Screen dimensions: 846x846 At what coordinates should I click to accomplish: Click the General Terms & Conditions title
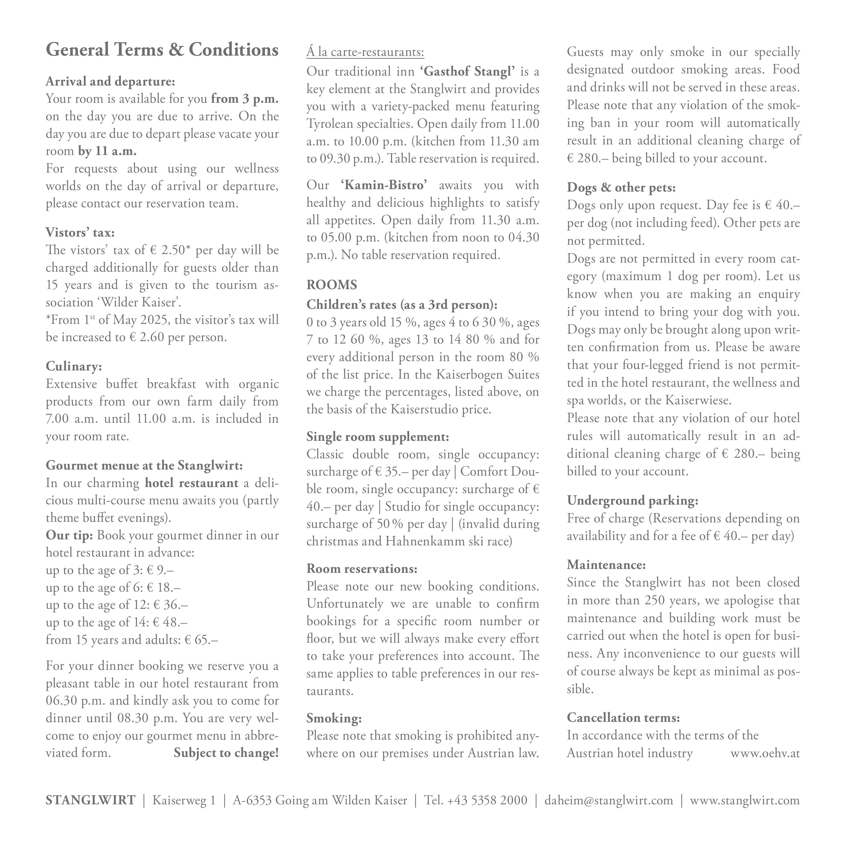click(x=162, y=50)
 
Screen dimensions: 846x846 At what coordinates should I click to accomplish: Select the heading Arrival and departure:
click(x=110, y=82)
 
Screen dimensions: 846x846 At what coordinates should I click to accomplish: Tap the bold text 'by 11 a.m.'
click(x=107, y=151)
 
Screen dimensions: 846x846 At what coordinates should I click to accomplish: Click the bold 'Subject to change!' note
click(x=226, y=753)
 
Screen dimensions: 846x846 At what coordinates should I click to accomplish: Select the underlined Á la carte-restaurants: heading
click(x=365, y=52)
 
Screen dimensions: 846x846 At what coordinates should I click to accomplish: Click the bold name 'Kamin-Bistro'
click(x=384, y=185)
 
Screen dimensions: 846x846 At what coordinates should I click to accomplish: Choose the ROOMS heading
click(x=331, y=285)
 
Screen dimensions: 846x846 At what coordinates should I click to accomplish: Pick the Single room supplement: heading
click(x=377, y=437)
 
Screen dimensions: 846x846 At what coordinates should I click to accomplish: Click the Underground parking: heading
click(x=632, y=500)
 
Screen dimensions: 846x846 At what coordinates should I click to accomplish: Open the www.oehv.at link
click(x=765, y=753)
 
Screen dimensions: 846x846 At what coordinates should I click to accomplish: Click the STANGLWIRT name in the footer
click(x=91, y=800)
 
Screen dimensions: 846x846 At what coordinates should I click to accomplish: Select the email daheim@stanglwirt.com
click(x=609, y=800)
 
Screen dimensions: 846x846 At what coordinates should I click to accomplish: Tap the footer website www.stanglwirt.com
click(x=745, y=800)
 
